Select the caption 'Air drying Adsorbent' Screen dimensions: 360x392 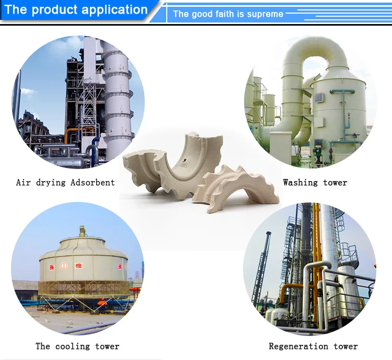click(65, 183)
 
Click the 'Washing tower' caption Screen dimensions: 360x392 click(315, 183)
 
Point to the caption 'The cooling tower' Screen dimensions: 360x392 click(77, 346)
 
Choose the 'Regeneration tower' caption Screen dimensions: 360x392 click(313, 346)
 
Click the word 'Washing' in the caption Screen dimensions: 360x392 click(301, 183)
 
